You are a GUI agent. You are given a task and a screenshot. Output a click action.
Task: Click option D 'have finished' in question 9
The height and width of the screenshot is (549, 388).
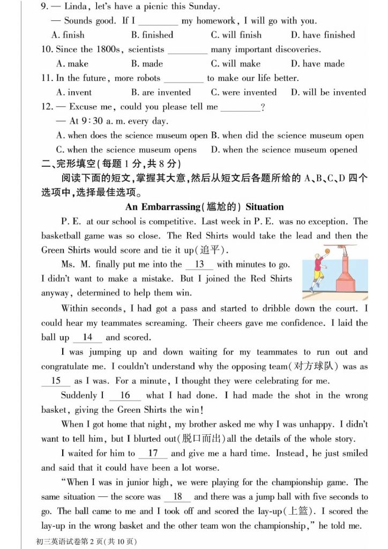pos(323,35)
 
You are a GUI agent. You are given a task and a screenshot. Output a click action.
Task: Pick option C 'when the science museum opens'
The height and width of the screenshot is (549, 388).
pos(126,150)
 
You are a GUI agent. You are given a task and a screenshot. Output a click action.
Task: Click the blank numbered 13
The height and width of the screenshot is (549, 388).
pos(199,264)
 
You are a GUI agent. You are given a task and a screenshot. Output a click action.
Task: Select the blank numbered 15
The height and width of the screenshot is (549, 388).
pos(56,381)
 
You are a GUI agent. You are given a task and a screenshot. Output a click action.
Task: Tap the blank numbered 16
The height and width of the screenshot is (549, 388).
pos(125,396)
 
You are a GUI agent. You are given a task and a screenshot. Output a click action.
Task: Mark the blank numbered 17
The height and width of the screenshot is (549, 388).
pos(153,454)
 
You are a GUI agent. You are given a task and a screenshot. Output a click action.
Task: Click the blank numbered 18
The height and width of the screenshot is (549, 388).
pos(178,497)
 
